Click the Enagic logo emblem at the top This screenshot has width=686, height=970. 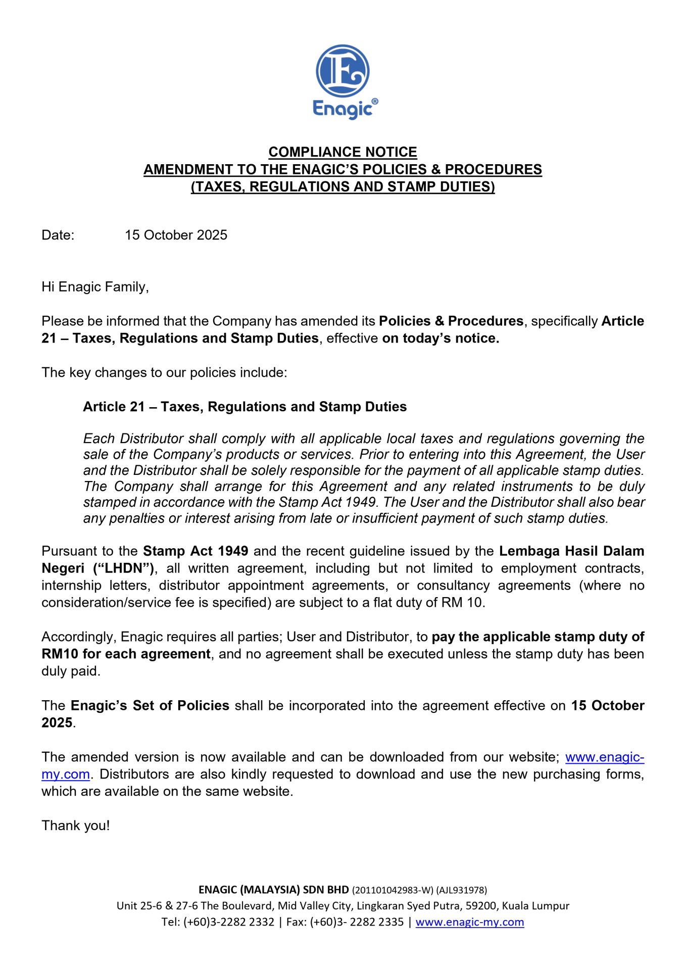tap(342, 71)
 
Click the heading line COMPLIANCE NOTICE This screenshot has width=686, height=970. tap(342, 152)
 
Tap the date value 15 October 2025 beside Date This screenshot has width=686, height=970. tap(176, 235)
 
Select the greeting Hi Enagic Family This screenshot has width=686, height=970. tap(95, 287)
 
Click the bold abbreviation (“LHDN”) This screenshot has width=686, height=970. tap(123, 568)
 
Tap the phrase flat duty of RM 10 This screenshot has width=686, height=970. tap(429, 603)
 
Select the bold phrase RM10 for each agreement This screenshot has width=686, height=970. tap(126, 654)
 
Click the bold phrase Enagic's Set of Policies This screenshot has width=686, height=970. tap(150, 706)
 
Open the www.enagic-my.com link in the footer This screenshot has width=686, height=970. tap(469, 922)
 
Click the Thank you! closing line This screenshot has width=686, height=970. tap(76, 826)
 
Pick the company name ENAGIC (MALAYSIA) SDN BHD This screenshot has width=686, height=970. tap(273, 890)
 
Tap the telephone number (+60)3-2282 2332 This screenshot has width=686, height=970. tap(229, 922)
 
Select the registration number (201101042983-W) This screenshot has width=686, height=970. tap(393, 890)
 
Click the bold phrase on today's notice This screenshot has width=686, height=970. tap(440, 338)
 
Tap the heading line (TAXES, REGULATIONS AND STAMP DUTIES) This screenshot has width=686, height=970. tap(342, 187)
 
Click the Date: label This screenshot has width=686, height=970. tap(58, 235)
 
